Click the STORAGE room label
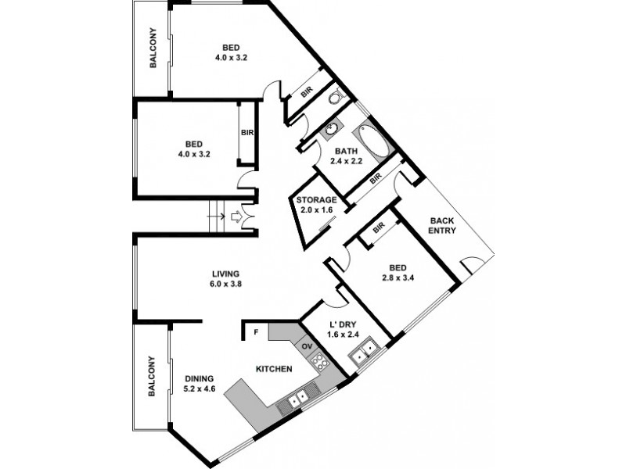pyautogui.click(x=316, y=200)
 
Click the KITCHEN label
pyautogui.click(x=274, y=368)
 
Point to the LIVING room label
pyautogui.click(x=225, y=274)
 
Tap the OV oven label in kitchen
pyautogui.click(x=307, y=345)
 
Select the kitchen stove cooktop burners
pyautogui.click(x=318, y=361)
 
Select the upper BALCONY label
pyautogui.click(x=153, y=52)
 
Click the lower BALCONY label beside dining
pyautogui.click(x=151, y=376)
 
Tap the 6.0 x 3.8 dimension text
pyautogui.click(x=225, y=285)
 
